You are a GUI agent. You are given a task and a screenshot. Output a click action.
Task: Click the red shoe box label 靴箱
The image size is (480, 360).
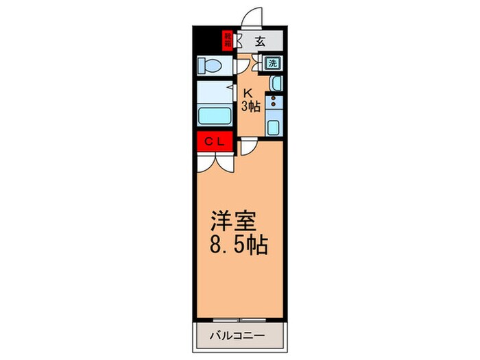[x=228, y=40]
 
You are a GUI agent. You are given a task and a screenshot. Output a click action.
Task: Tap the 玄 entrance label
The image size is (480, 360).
[x=260, y=41]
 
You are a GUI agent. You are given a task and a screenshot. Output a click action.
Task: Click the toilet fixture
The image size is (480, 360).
[x=208, y=66]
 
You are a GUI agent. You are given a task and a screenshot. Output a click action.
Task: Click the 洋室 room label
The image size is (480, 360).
[x=233, y=222]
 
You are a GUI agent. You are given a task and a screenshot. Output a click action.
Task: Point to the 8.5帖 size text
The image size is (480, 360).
[x=239, y=245]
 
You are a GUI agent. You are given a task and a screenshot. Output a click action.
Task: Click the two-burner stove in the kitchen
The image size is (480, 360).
[x=274, y=104]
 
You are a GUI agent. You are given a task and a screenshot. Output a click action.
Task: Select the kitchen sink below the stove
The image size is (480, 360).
[x=273, y=127]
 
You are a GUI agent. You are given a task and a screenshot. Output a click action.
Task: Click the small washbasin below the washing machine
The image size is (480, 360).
[x=274, y=84]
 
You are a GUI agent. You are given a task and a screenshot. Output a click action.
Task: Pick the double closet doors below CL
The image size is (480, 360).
[x=215, y=163]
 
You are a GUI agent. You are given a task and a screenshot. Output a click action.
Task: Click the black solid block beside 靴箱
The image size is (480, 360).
[x=208, y=39]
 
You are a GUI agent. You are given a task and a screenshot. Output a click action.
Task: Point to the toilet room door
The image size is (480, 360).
[x=241, y=66]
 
